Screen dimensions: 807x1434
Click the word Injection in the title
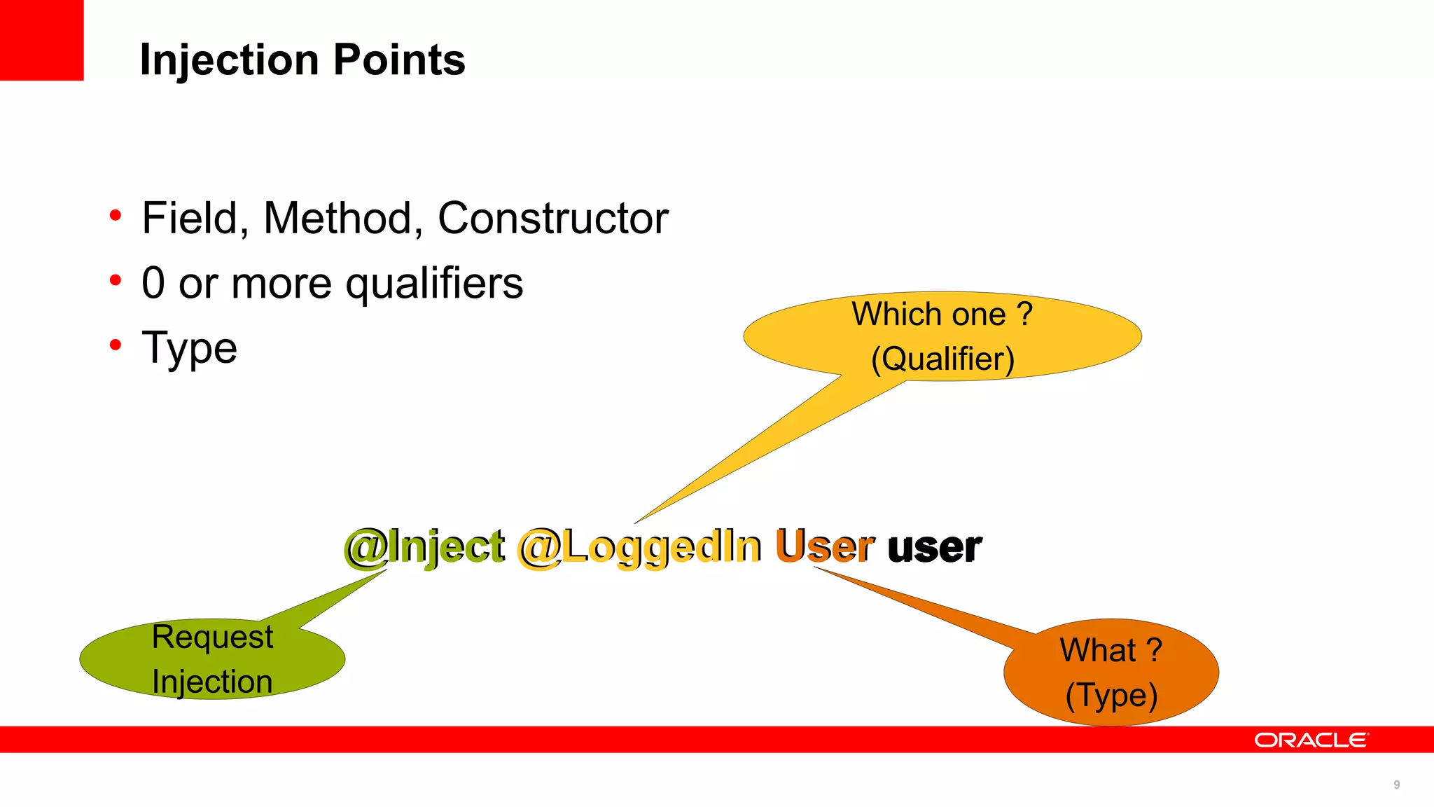232,60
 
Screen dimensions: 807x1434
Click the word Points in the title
399,60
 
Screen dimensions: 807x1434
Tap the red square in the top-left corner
41,40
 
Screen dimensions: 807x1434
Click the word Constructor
552,219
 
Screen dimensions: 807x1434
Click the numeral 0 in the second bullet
153,283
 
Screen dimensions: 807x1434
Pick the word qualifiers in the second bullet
434,284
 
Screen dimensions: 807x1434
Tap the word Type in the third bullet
190,348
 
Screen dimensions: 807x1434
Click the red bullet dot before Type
116,345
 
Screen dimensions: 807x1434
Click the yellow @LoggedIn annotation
639,547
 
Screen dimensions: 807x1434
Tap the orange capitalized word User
825,546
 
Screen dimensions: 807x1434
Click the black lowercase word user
934,547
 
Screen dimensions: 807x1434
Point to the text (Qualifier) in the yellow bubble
942,359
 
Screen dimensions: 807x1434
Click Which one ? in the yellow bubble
942,314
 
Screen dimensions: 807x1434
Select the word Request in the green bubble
212,637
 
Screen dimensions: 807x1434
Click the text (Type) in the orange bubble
1111,695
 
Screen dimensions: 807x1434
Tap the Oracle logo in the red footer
1310,740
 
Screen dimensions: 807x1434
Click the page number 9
1396,785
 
